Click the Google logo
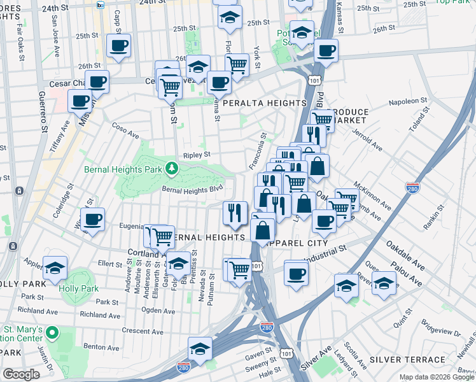tap(21, 374)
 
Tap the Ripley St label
tap(197, 154)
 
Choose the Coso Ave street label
tap(125, 131)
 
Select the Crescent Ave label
tap(136, 330)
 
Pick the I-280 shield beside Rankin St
tap(412, 188)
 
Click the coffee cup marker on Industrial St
tap(296, 274)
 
